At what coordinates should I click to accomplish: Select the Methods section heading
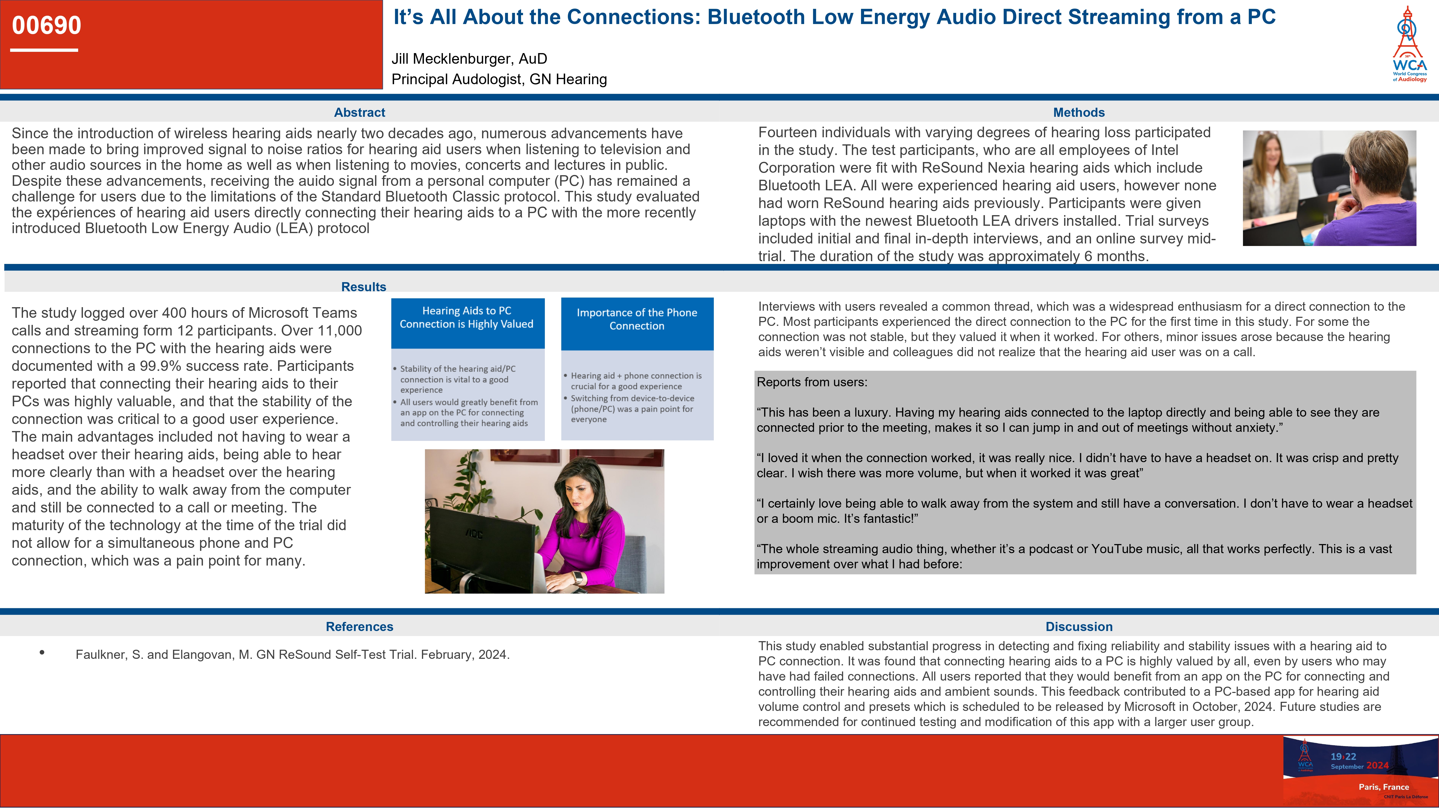click(1079, 112)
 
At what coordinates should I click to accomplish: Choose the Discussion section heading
click(1079, 626)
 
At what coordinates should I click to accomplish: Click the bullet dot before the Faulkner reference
click(42, 652)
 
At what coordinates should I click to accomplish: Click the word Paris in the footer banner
click(1369, 787)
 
